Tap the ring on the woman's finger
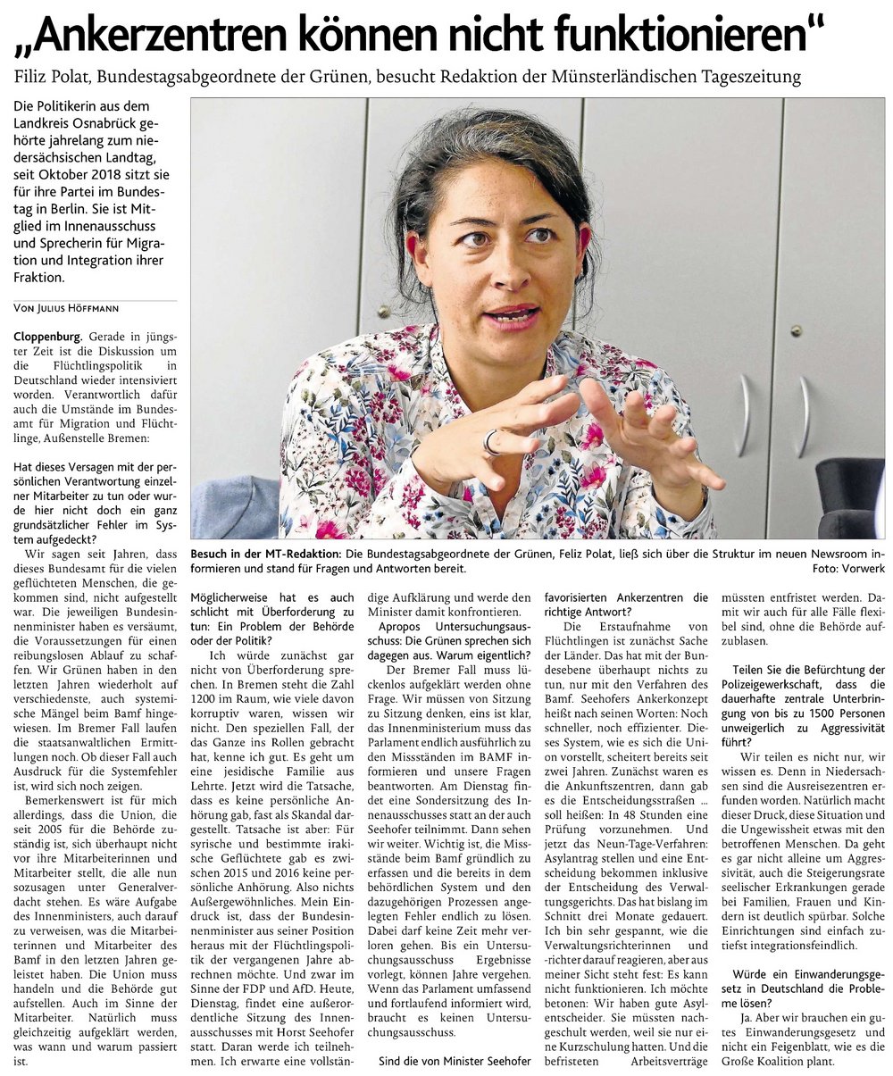[x=490, y=441]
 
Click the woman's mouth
[x=512, y=316]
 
